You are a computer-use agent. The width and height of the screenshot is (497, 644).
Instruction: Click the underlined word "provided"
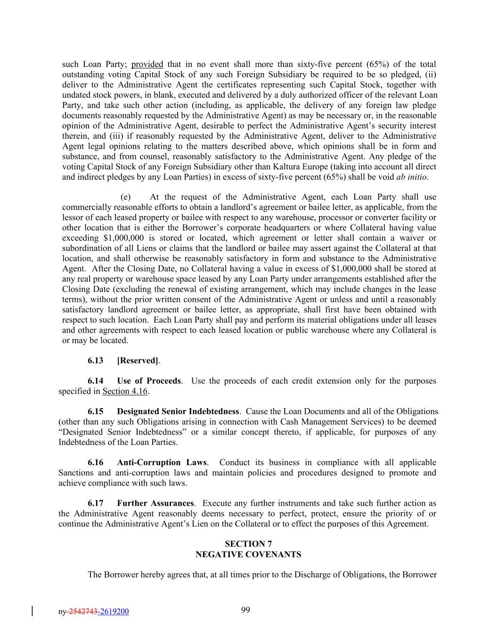(x=147, y=64)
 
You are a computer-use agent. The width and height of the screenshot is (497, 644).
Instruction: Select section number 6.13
(x=95, y=360)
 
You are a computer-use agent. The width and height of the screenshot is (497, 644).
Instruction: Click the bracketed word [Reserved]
(x=138, y=360)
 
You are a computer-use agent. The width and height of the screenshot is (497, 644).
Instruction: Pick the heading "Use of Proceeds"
(x=149, y=381)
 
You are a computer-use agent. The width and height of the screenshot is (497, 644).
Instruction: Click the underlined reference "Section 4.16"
(x=125, y=391)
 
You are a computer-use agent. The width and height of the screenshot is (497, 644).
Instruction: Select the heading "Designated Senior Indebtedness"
(x=178, y=411)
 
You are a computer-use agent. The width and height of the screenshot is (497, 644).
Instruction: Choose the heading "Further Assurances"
(x=155, y=503)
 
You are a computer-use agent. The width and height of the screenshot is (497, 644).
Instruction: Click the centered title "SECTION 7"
(x=248, y=544)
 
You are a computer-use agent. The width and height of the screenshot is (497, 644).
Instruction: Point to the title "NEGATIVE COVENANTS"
(x=248, y=554)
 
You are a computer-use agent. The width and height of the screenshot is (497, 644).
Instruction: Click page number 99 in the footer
(x=245, y=610)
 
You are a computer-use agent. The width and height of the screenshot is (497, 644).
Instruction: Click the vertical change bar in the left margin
(x=32, y=611)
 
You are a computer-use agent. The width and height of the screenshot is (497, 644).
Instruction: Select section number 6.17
(x=95, y=503)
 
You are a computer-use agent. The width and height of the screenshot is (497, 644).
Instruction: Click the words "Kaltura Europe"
(x=294, y=167)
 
